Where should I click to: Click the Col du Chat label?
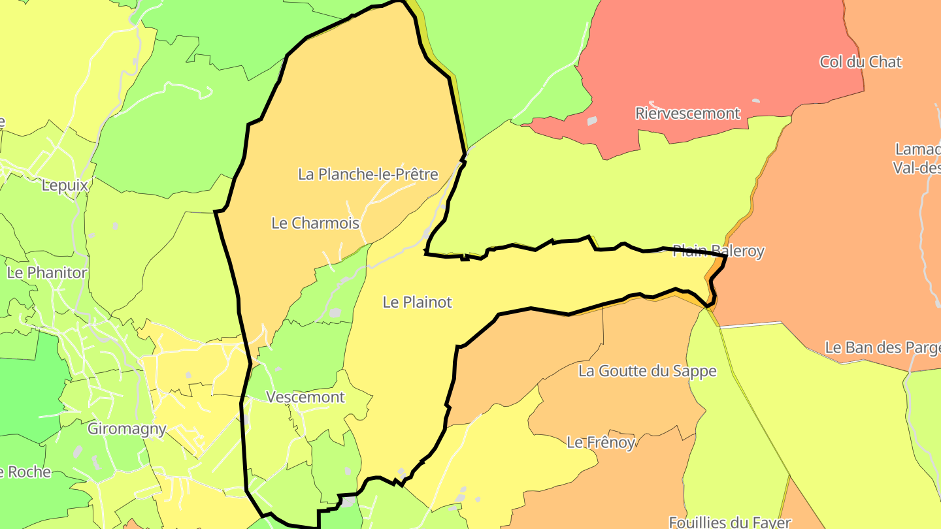click(x=861, y=62)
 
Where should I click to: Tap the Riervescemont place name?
click(x=687, y=113)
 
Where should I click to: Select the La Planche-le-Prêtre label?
click(x=368, y=174)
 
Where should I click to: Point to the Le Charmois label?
click(x=315, y=223)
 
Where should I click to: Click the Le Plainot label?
click(x=417, y=302)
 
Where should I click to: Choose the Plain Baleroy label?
click(x=718, y=251)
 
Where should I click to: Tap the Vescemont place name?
click(x=305, y=397)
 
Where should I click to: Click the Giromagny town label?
click(x=127, y=429)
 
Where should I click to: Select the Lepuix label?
click(x=64, y=185)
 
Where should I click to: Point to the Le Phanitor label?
click(x=47, y=272)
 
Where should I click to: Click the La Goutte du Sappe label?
click(x=647, y=371)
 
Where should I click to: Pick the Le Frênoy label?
click(x=601, y=442)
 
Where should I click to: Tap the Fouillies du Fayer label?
click(x=730, y=522)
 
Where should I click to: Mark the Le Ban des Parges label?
click(x=882, y=347)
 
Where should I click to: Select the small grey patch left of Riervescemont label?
click(x=592, y=121)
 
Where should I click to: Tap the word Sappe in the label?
click(x=697, y=371)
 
